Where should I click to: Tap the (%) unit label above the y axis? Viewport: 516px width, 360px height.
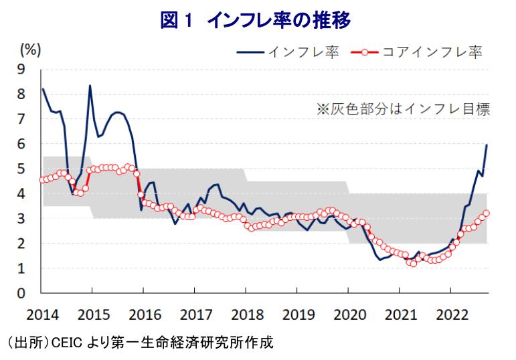31,49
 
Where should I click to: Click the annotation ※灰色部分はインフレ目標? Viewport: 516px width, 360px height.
403,109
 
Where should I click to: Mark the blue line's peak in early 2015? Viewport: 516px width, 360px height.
90,86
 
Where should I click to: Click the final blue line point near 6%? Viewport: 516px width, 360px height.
487,145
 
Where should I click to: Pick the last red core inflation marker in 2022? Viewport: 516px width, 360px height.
487,213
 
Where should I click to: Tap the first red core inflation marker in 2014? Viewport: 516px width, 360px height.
43,179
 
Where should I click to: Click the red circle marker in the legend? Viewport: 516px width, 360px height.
364,52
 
